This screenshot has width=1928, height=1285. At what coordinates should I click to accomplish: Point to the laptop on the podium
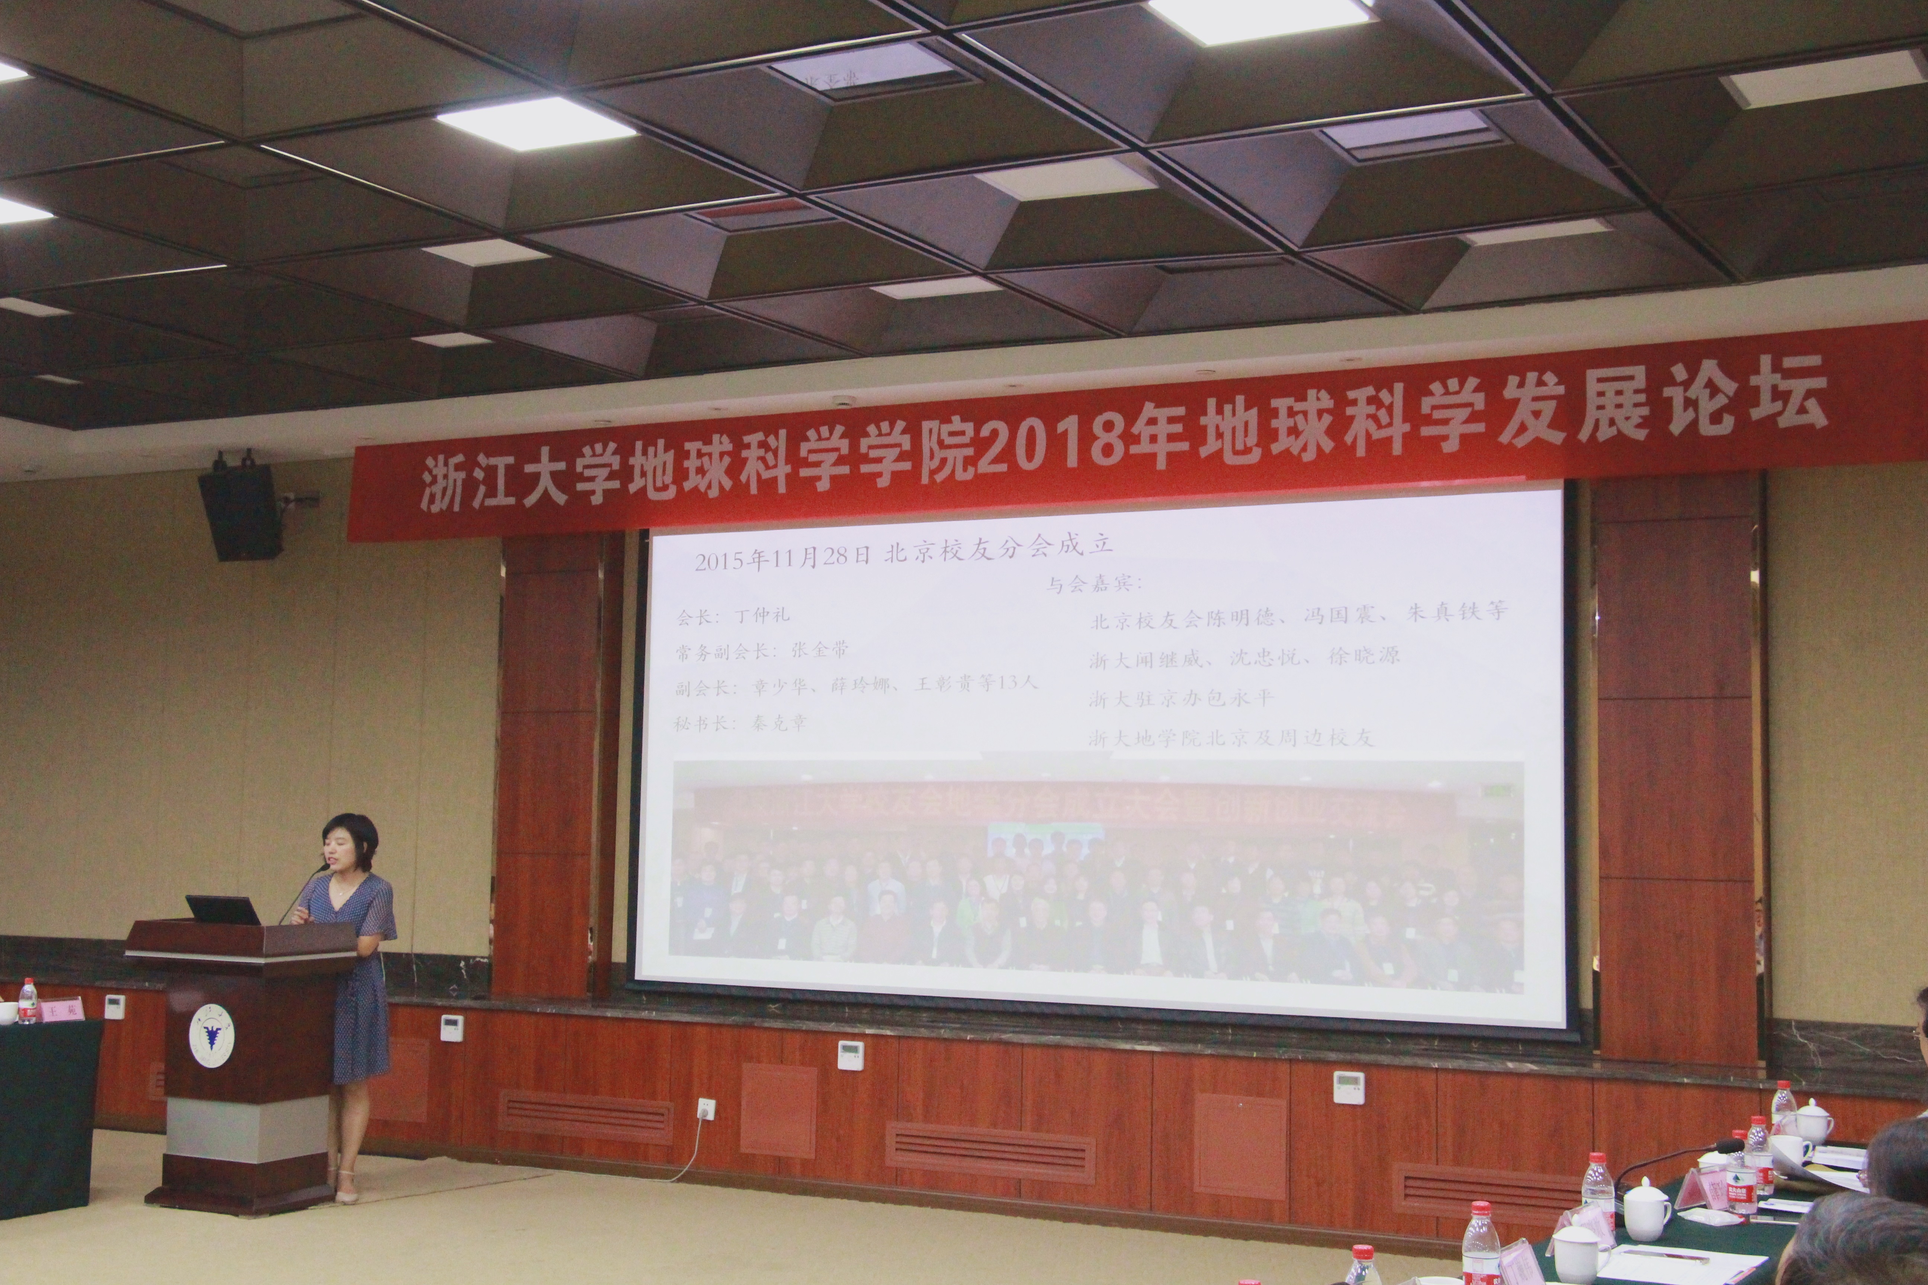(223, 910)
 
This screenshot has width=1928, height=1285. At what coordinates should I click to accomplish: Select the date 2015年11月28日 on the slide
(781, 560)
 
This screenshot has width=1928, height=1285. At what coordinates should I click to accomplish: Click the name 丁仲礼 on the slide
(762, 615)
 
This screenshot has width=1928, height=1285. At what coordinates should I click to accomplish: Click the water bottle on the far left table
(28, 1001)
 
